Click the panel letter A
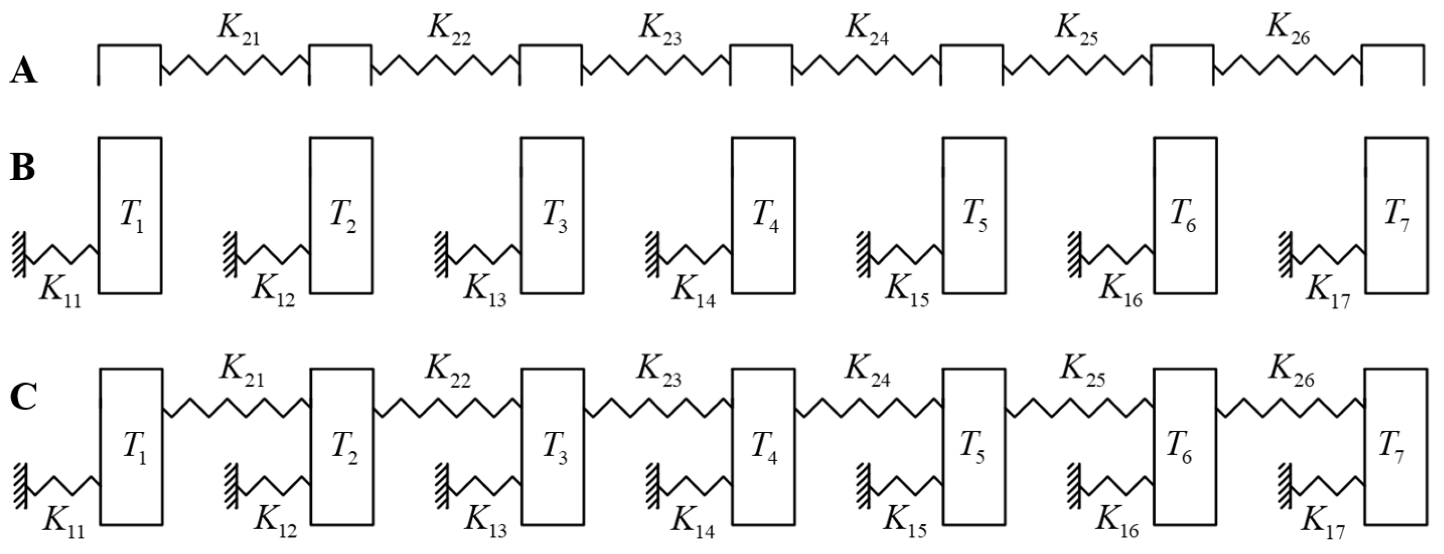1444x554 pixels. pos(24,73)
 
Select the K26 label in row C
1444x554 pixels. pos(1290,372)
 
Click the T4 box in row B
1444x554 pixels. pos(763,215)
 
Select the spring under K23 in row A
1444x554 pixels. pos(656,66)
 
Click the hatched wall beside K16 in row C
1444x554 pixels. pos(1073,486)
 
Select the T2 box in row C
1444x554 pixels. pos(342,447)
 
